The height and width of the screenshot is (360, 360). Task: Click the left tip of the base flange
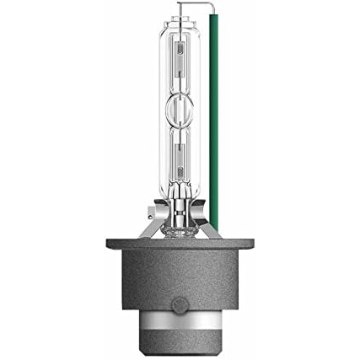pyautogui.click(x=109, y=247)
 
